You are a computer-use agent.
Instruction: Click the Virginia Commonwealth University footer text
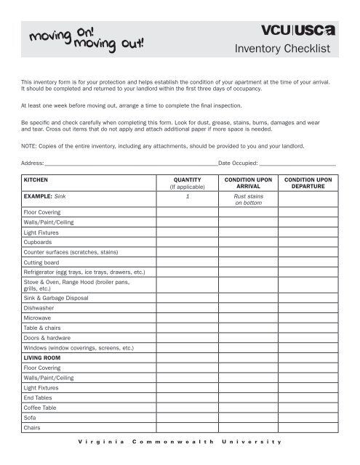[180, 442]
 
